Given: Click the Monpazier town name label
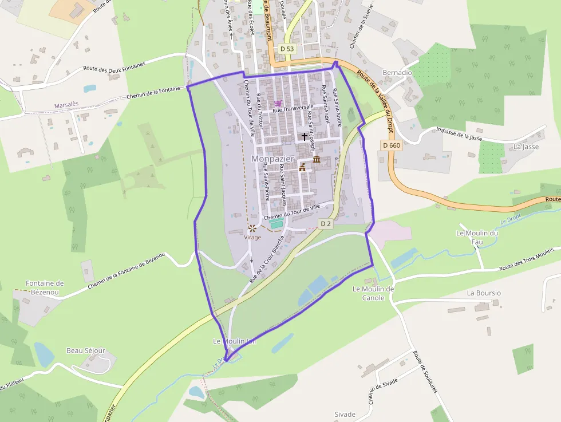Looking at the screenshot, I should point(272,158).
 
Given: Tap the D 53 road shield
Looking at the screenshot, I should point(287,49).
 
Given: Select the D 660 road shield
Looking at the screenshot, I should point(391,145).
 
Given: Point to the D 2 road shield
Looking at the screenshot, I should point(326,224).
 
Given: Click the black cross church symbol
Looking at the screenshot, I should point(304,136).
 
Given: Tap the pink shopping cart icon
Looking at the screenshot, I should point(278,104).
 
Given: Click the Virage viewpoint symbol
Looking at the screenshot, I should point(252,228).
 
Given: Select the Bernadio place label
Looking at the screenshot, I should point(397,73).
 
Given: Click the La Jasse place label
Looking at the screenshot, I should point(526,147).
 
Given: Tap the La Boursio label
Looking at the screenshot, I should point(484,293).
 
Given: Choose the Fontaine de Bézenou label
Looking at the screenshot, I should point(45,287).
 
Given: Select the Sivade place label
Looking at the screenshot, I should point(345,414).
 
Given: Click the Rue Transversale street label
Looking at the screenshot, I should point(293,108).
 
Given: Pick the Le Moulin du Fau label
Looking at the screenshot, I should point(477,237).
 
